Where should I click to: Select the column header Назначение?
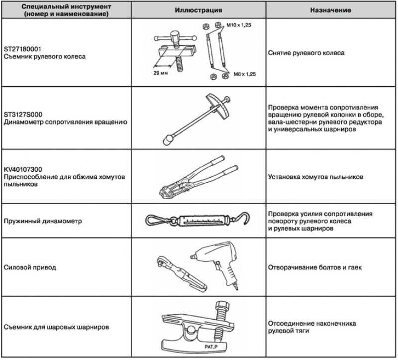click(330, 10)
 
